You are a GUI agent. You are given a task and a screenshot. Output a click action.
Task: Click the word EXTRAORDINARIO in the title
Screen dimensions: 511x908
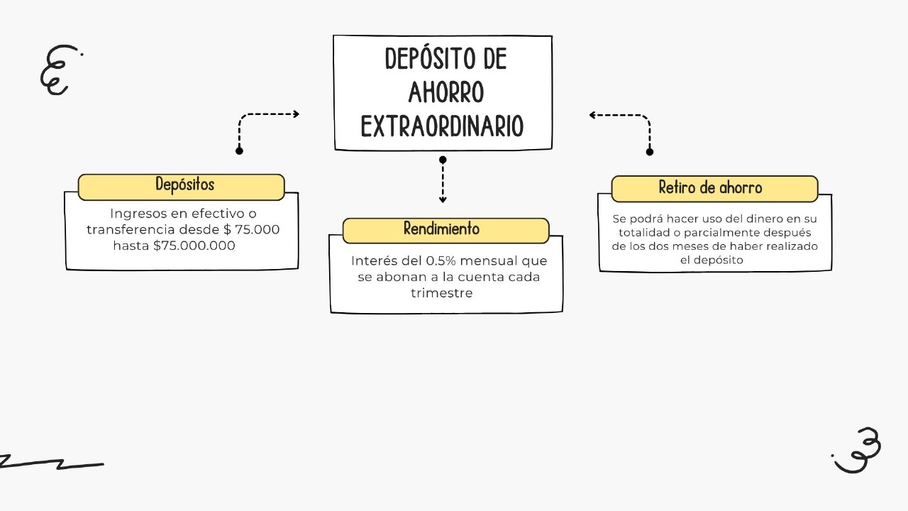point(442,126)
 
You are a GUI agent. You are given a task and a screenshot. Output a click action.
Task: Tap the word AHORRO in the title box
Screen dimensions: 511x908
point(446,92)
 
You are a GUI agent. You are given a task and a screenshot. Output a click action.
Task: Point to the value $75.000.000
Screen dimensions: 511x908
point(194,246)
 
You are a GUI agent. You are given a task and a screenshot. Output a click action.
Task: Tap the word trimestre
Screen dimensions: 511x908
point(441,292)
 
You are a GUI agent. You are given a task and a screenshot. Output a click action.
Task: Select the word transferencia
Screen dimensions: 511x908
point(130,229)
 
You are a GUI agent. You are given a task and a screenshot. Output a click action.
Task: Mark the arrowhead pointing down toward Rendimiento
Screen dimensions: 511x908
point(443,200)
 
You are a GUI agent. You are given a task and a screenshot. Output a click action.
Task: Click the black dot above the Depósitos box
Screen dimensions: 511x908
point(239,150)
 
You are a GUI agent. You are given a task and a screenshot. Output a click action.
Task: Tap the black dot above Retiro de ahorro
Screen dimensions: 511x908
point(650,151)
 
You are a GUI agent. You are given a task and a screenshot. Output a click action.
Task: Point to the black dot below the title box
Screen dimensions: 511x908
point(443,160)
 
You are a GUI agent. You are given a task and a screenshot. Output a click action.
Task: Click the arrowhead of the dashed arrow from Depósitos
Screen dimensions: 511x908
point(296,114)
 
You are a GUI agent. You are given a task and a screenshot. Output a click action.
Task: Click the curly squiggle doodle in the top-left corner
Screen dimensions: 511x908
point(57,70)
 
